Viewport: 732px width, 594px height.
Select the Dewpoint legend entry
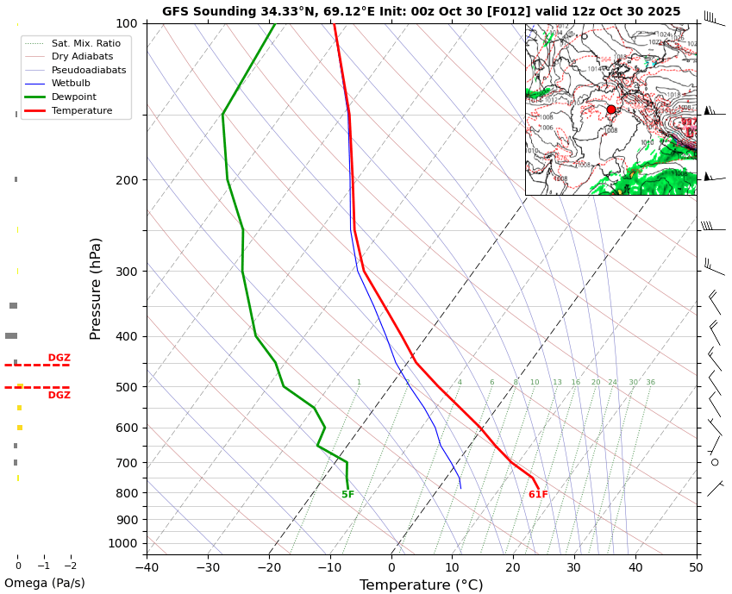point(73,97)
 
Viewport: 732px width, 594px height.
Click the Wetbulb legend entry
point(70,84)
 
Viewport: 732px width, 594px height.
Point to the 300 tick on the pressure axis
point(127,272)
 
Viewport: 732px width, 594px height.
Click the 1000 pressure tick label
point(123,543)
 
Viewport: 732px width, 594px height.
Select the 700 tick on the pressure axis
point(127,463)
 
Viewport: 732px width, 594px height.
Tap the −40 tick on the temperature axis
point(147,567)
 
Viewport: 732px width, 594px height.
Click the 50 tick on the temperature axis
point(696,567)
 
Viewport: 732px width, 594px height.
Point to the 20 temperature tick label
point(513,567)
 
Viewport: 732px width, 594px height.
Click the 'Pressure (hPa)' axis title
point(96,288)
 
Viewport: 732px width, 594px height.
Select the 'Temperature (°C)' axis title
point(421,585)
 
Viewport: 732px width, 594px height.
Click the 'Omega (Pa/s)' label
point(44,583)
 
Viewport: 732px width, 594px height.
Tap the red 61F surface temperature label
point(538,495)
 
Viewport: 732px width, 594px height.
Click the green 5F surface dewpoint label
point(347,495)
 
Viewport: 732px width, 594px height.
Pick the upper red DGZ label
point(59,358)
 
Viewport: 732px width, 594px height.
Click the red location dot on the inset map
point(611,109)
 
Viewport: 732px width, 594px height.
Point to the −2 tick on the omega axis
point(70,566)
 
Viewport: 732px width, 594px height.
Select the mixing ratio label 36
point(650,383)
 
